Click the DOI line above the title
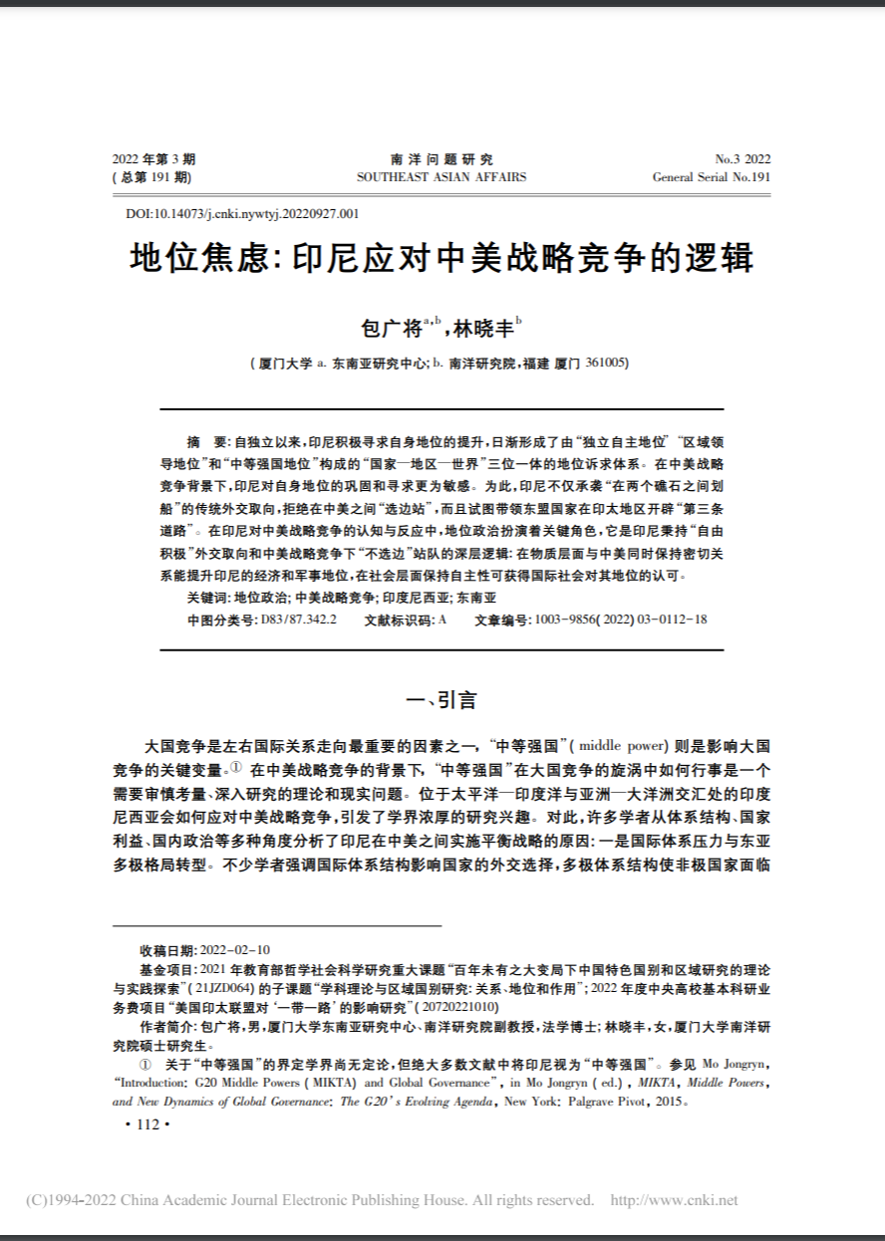click(x=242, y=212)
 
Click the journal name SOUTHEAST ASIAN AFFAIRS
click(x=442, y=177)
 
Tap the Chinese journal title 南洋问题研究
click(x=442, y=159)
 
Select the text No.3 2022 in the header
click(x=742, y=159)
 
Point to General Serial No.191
click(x=712, y=177)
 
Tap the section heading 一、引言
click(x=442, y=699)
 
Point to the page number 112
click(x=147, y=1123)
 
